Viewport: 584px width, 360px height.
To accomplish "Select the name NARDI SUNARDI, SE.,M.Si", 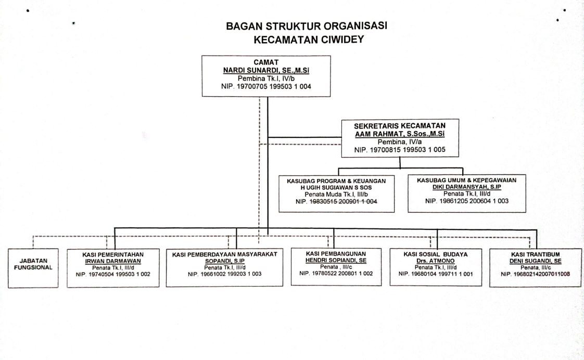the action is (x=266, y=70).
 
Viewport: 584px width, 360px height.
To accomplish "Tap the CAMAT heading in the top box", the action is (x=266, y=62).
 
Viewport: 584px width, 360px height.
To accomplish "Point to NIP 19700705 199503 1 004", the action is (x=266, y=86).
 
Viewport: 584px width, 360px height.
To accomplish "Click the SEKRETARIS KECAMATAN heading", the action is (x=400, y=126).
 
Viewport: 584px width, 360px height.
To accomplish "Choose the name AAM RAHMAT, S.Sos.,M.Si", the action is (x=400, y=134).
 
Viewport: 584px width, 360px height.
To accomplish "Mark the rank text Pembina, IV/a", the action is (x=400, y=142).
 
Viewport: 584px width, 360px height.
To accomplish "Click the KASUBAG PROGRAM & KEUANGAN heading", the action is (x=336, y=181).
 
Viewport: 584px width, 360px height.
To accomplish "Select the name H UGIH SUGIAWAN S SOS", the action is (x=336, y=188).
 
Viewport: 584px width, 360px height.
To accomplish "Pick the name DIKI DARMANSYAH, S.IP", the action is (x=467, y=187).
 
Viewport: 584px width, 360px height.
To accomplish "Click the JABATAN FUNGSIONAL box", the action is (x=33, y=268).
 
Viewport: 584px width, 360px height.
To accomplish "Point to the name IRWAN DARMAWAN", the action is (x=113, y=261).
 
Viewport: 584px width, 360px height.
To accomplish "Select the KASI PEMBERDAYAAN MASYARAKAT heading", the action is (x=224, y=254).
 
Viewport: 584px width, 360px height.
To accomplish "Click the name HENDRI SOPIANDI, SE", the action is (x=336, y=260).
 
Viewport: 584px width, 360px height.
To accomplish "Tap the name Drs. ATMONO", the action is (x=435, y=261).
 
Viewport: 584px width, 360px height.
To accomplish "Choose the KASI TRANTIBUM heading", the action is (x=535, y=254).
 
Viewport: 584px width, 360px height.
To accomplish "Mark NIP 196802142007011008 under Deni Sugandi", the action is (x=535, y=274).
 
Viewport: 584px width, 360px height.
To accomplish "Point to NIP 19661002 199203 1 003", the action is (x=224, y=274).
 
